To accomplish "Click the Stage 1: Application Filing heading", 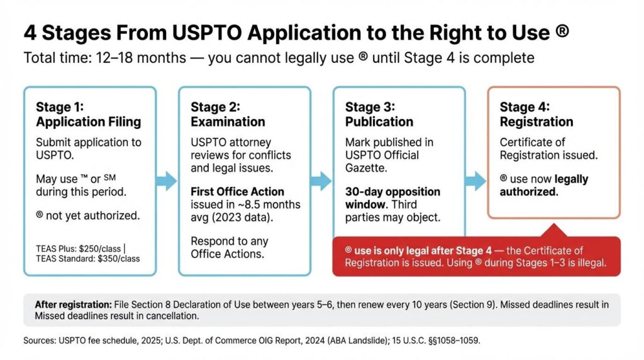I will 88,114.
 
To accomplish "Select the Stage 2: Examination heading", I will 228,114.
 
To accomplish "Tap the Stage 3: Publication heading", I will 379,114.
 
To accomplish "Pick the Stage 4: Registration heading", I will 536,114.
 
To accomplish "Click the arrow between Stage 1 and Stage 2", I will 167,181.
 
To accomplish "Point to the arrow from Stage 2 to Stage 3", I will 321,181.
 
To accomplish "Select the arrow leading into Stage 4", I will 475,181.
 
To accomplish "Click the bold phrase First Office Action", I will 237,191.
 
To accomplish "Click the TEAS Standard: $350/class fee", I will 88,258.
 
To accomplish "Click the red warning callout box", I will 475,256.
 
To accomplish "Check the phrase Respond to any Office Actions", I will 230,248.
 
